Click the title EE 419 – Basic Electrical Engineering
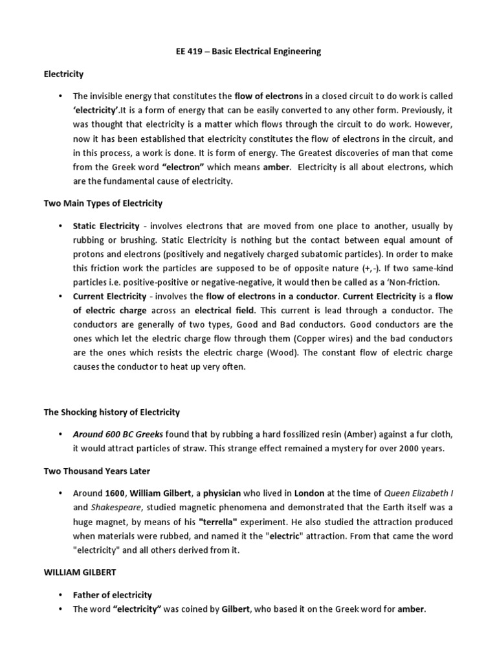coord(248,52)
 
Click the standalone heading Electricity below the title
coord(64,74)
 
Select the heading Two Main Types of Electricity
coord(103,203)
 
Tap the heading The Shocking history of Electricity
coord(111,412)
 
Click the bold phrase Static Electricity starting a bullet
coord(106,226)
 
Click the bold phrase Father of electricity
coord(113,595)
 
